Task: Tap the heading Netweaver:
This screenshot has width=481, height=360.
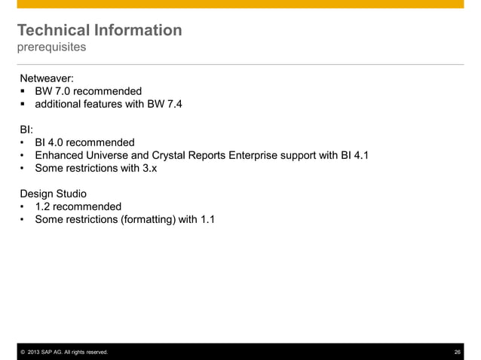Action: tap(47, 78)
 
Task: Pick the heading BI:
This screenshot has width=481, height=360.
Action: tap(26, 130)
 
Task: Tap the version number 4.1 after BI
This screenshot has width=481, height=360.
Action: tap(358, 156)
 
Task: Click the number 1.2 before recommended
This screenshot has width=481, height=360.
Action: tap(44, 207)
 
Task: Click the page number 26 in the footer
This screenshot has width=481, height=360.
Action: tap(457, 352)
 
